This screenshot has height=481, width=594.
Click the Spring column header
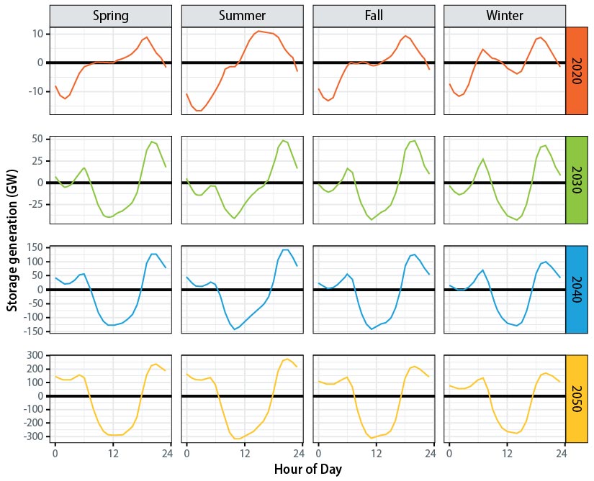(x=111, y=16)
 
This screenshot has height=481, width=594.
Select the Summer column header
(x=242, y=16)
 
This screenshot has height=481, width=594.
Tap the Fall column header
(x=373, y=16)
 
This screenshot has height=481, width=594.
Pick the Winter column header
(x=505, y=16)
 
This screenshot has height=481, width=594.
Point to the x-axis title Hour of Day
(x=307, y=469)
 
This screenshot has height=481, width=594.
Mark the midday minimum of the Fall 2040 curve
(x=372, y=329)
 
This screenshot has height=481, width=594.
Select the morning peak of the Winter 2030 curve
(x=483, y=159)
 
